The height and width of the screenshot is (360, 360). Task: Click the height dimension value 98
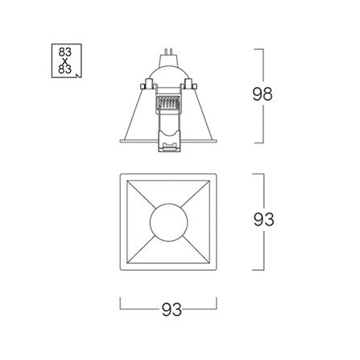pyautogui.click(x=263, y=94)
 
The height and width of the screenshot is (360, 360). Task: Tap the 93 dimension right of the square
pyautogui.click(x=263, y=220)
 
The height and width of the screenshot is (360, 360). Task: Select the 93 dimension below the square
pyautogui.click(x=172, y=310)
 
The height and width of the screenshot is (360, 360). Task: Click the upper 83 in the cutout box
pyautogui.click(x=65, y=52)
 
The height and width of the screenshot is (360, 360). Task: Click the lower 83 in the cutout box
pyautogui.click(x=65, y=69)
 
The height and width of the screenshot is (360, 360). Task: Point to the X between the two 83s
pyautogui.click(x=65, y=60)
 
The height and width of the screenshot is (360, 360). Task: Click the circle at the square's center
pyautogui.click(x=168, y=222)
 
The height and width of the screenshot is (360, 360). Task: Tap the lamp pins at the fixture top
pyautogui.click(x=168, y=51)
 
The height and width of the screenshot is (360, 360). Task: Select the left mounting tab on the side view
pyautogui.click(x=147, y=84)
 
